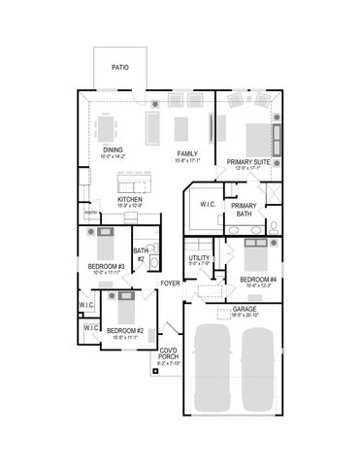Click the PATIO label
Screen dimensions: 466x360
coord(119,68)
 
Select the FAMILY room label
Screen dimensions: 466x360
coord(187,153)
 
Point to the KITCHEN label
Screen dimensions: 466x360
coord(130,200)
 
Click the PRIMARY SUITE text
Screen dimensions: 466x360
coord(248,162)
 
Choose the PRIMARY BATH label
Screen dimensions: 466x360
coord(245,211)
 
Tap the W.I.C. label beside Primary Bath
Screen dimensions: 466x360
coord(208,205)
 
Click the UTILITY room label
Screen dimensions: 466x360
coord(199,258)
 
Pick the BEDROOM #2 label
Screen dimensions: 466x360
coord(125,331)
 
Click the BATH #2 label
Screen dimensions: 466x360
coord(141,255)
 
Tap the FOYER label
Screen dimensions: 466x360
coord(171,283)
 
